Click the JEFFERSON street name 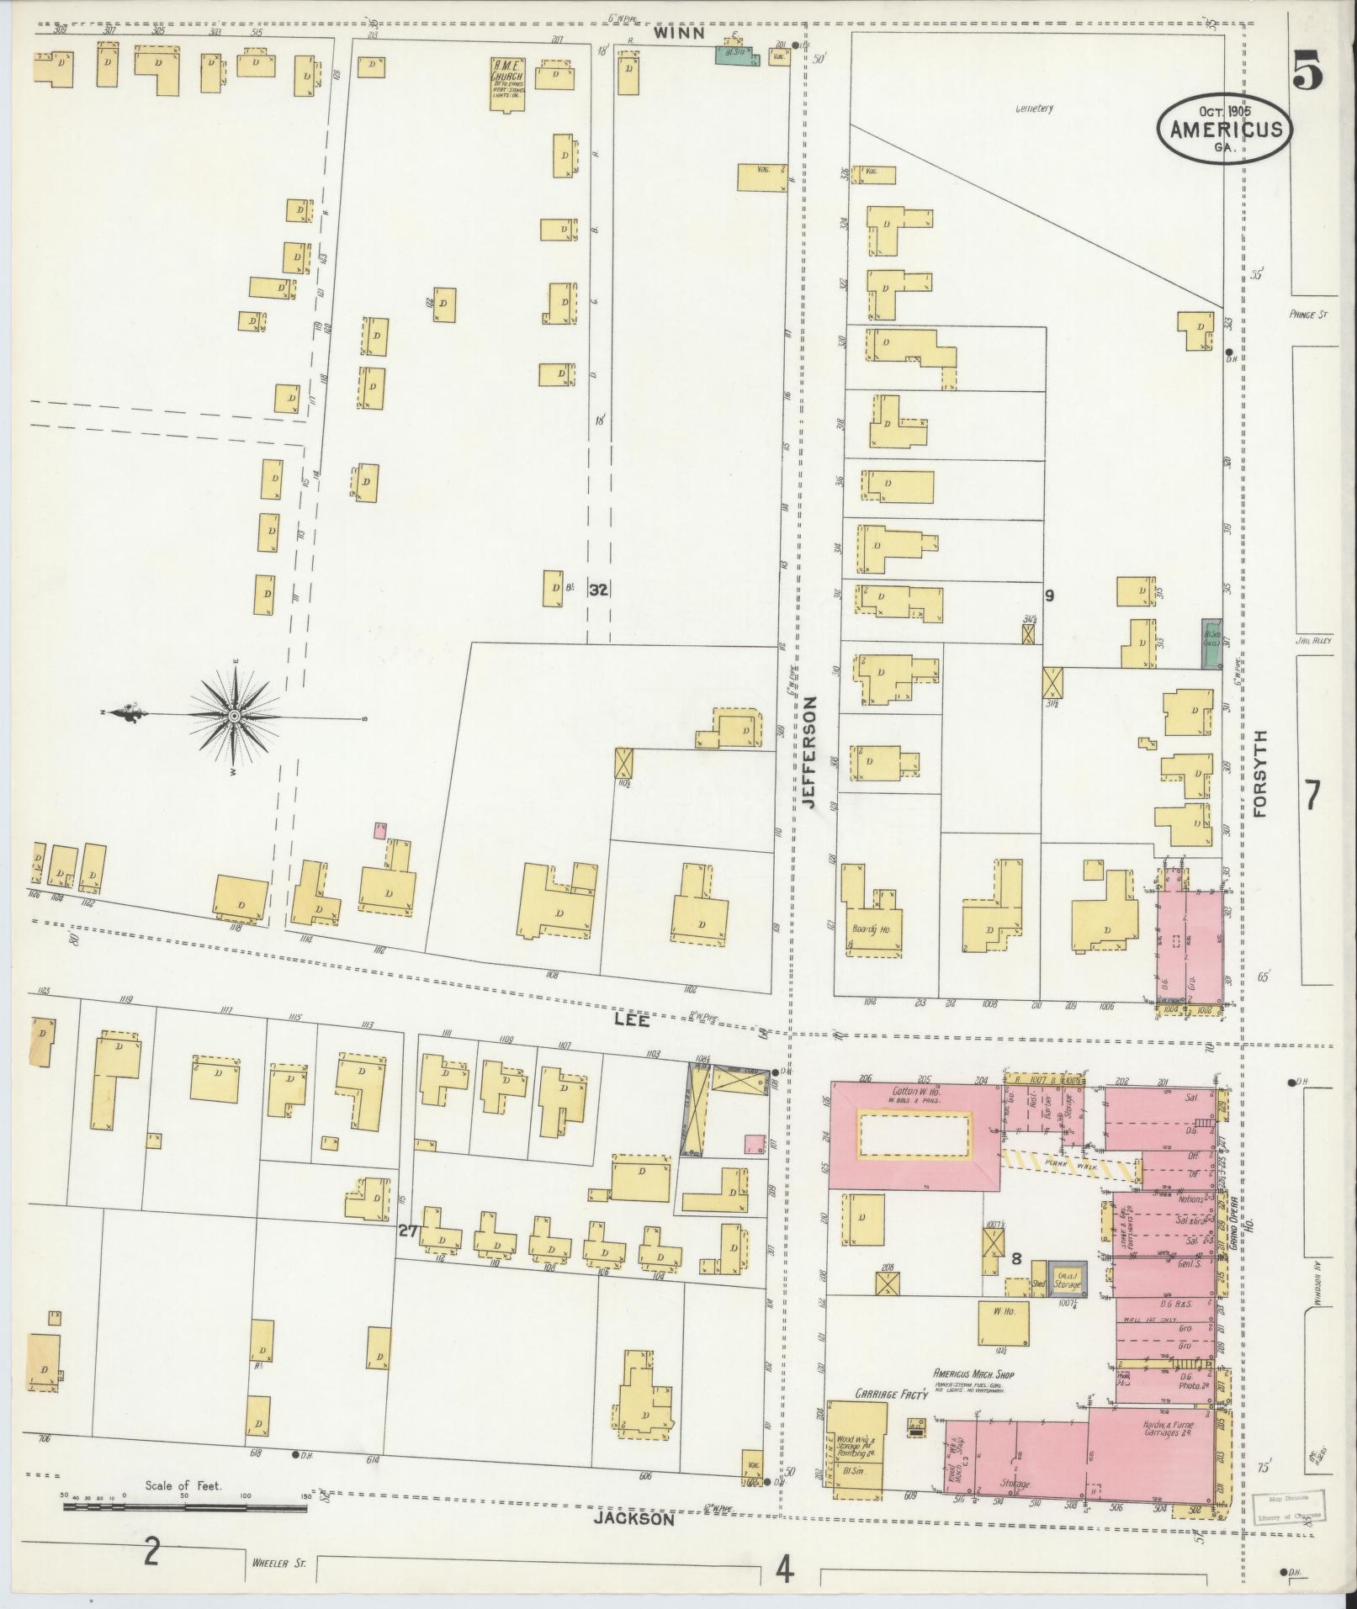pyautogui.click(x=809, y=752)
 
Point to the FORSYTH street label pyautogui.click(x=1259, y=773)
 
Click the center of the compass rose pyautogui.click(x=235, y=716)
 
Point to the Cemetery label pyautogui.click(x=1034, y=109)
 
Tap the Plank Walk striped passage pyautogui.click(x=1067, y=1167)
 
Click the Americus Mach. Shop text pyautogui.click(x=973, y=1375)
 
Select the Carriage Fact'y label pyautogui.click(x=891, y=1394)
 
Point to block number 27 pyautogui.click(x=409, y=1231)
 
